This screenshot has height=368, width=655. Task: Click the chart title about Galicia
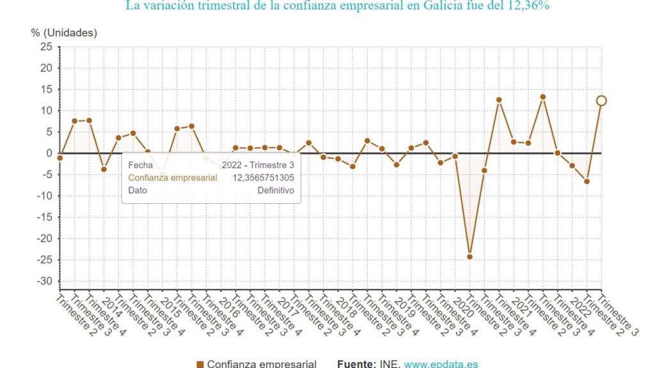[x=338, y=6]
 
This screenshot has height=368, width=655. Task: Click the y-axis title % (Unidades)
[x=64, y=33]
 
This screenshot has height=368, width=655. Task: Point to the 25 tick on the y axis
[x=46, y=47]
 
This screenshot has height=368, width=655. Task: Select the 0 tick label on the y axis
[x=49, y=153]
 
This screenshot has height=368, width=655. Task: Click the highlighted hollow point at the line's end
[x=601, y=100]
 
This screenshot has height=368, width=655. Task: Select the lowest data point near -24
[x=470, y=257]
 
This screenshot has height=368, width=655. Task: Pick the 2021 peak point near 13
[x=542, y=97]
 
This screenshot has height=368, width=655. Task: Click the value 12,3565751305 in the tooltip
[x=264, y=178]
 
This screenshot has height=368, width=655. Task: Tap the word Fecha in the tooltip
[x=140, y=165]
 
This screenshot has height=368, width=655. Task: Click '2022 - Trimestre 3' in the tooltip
[x=258, y=165]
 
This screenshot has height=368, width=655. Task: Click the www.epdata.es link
[x=441, y=364]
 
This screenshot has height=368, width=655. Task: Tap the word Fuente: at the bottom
[x=356, y=364]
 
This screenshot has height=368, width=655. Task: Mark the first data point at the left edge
[x=60, y=158]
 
